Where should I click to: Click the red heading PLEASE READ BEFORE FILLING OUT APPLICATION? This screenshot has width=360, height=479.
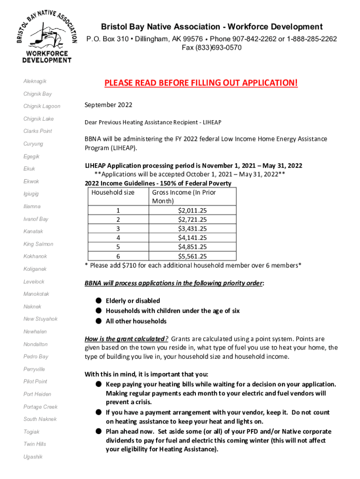point(201,83)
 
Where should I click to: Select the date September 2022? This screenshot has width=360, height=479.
point(108,105)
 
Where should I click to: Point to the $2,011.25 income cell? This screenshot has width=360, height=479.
point(192,211)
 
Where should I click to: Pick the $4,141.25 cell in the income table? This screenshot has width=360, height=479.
point(192,238)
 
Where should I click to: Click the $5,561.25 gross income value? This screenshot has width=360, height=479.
point(192,256)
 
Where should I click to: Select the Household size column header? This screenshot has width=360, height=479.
point(113,192)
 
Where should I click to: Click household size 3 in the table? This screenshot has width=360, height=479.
point(118,229)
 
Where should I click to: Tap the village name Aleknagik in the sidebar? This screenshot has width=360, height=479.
point(35,81)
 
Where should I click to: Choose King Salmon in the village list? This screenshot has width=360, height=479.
point(38,244)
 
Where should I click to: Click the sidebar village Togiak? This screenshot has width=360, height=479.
point(32,432)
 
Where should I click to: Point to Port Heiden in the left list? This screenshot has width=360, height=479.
point(37,394)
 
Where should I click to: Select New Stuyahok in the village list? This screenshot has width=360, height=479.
point(41,319)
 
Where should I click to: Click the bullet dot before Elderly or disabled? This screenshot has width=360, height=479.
point(99,300)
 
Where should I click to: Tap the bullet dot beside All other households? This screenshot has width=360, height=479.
point(99,321)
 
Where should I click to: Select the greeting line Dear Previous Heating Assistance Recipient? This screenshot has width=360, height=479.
point(153,122)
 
